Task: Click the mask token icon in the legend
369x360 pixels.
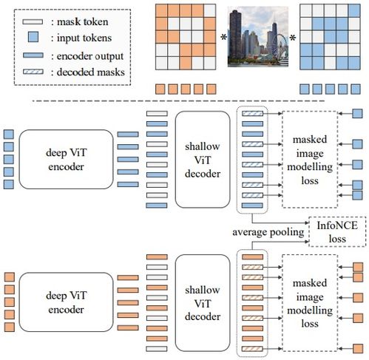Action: pyautogui.click(x=33, y=22)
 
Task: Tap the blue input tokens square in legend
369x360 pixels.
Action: pyautogui.click(x=33, y=37)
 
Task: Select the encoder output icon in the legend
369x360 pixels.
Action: pyautogui.click(x=33, y=55)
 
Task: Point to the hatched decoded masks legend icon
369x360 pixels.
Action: pyautogui.click(x=33, y=72)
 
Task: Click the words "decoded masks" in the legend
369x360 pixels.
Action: pyautogui.click(x=91, y=72)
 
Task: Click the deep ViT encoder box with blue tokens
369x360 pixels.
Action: pyautogui.click(x=66, y=159)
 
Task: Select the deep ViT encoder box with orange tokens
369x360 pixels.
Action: pyautogui.click(x=66, y=302)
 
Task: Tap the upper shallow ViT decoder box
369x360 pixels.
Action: pyautogui.click(x=203, y=160)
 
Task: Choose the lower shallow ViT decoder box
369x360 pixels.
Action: pyautogui.click(x=203, y=303)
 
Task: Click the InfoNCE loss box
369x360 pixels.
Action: pyautogui.click(x=337, y=231)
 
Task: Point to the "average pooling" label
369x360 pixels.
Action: pyautogui.click(x=268, y=232)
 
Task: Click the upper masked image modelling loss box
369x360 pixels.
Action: pyautogui.click(x=310, y=160)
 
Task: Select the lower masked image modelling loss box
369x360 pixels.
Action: pyautogui.click(x=310, y=303)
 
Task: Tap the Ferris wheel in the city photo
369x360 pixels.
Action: pyautogui.click(x=282, y=46)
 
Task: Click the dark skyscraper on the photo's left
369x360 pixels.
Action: pyautogui.click(x=235, y=34)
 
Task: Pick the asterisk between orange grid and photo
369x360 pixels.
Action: pyautogui.click(x=223, y=38)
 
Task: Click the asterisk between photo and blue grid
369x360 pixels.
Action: pyautogui.click(x=292, y=38)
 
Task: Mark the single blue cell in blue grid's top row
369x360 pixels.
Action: pyautogui.click(x=355, y=11)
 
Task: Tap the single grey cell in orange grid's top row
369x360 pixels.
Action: pyautogui.click(x=210, y=11)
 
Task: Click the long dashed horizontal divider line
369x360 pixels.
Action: pyautogui.click(x=178, y=101)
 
